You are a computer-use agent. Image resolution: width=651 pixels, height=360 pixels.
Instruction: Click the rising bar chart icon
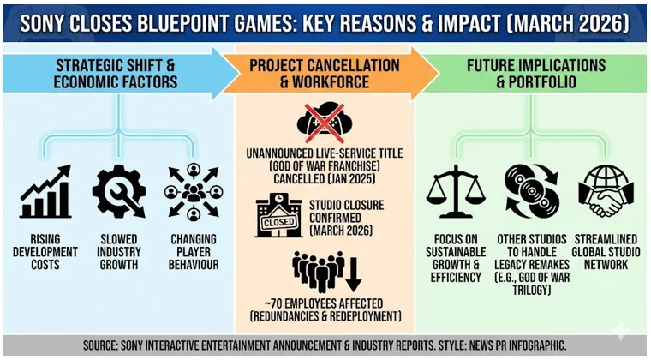tap(45, 191)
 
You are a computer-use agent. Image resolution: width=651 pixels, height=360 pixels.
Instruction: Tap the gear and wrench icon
tap(119, 191)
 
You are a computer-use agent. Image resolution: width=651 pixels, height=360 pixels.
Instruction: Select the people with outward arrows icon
tap(194, 191)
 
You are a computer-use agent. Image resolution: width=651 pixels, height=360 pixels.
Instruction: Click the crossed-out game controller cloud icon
tap(325, 123)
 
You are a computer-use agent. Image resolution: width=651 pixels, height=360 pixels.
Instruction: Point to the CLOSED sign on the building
tap(279, 222)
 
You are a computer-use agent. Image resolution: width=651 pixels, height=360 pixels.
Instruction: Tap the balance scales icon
tap(456, 191)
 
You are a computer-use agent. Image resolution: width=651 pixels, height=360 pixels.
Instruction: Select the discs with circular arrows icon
tap(532, 191)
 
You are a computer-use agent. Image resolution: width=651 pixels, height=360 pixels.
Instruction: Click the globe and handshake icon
tap(606, 191)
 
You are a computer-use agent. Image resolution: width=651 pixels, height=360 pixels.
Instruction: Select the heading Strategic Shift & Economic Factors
tap(116, 74)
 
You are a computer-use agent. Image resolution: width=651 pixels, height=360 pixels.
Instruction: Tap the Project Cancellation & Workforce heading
tap(325, 74)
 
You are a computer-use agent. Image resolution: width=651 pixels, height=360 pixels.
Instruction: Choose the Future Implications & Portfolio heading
tap(536, 74)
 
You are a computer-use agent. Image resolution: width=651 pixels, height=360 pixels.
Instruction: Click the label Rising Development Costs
tap(45, 252)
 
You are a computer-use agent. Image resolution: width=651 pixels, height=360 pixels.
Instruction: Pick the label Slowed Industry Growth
tap(119, 252)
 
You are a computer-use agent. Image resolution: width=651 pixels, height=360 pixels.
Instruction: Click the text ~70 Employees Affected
tap(325, 303)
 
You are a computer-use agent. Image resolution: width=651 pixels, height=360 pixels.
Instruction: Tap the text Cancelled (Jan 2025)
tap(325, 179)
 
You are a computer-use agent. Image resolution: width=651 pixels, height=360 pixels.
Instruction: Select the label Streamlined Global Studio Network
tap(606, 252)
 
